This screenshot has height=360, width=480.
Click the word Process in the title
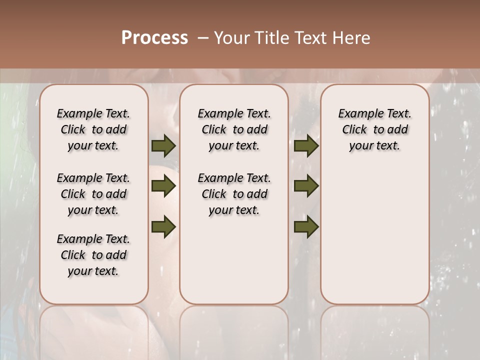154,37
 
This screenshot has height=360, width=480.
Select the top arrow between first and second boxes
163,145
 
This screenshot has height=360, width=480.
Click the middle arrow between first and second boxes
163,186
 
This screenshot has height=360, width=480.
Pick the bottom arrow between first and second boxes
163,226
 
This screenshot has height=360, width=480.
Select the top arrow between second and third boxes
306,145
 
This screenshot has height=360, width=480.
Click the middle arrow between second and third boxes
306,186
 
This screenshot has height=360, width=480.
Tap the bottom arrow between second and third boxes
306,226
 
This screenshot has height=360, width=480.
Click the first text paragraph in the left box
93,129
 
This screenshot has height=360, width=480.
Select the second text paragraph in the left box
93,194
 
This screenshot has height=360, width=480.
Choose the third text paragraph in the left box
93,255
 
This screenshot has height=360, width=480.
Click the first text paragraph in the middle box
234,129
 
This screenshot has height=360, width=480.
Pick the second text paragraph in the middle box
234,194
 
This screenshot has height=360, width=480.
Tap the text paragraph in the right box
374,129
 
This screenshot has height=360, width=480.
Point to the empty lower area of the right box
374,235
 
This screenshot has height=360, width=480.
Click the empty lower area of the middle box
234,260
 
